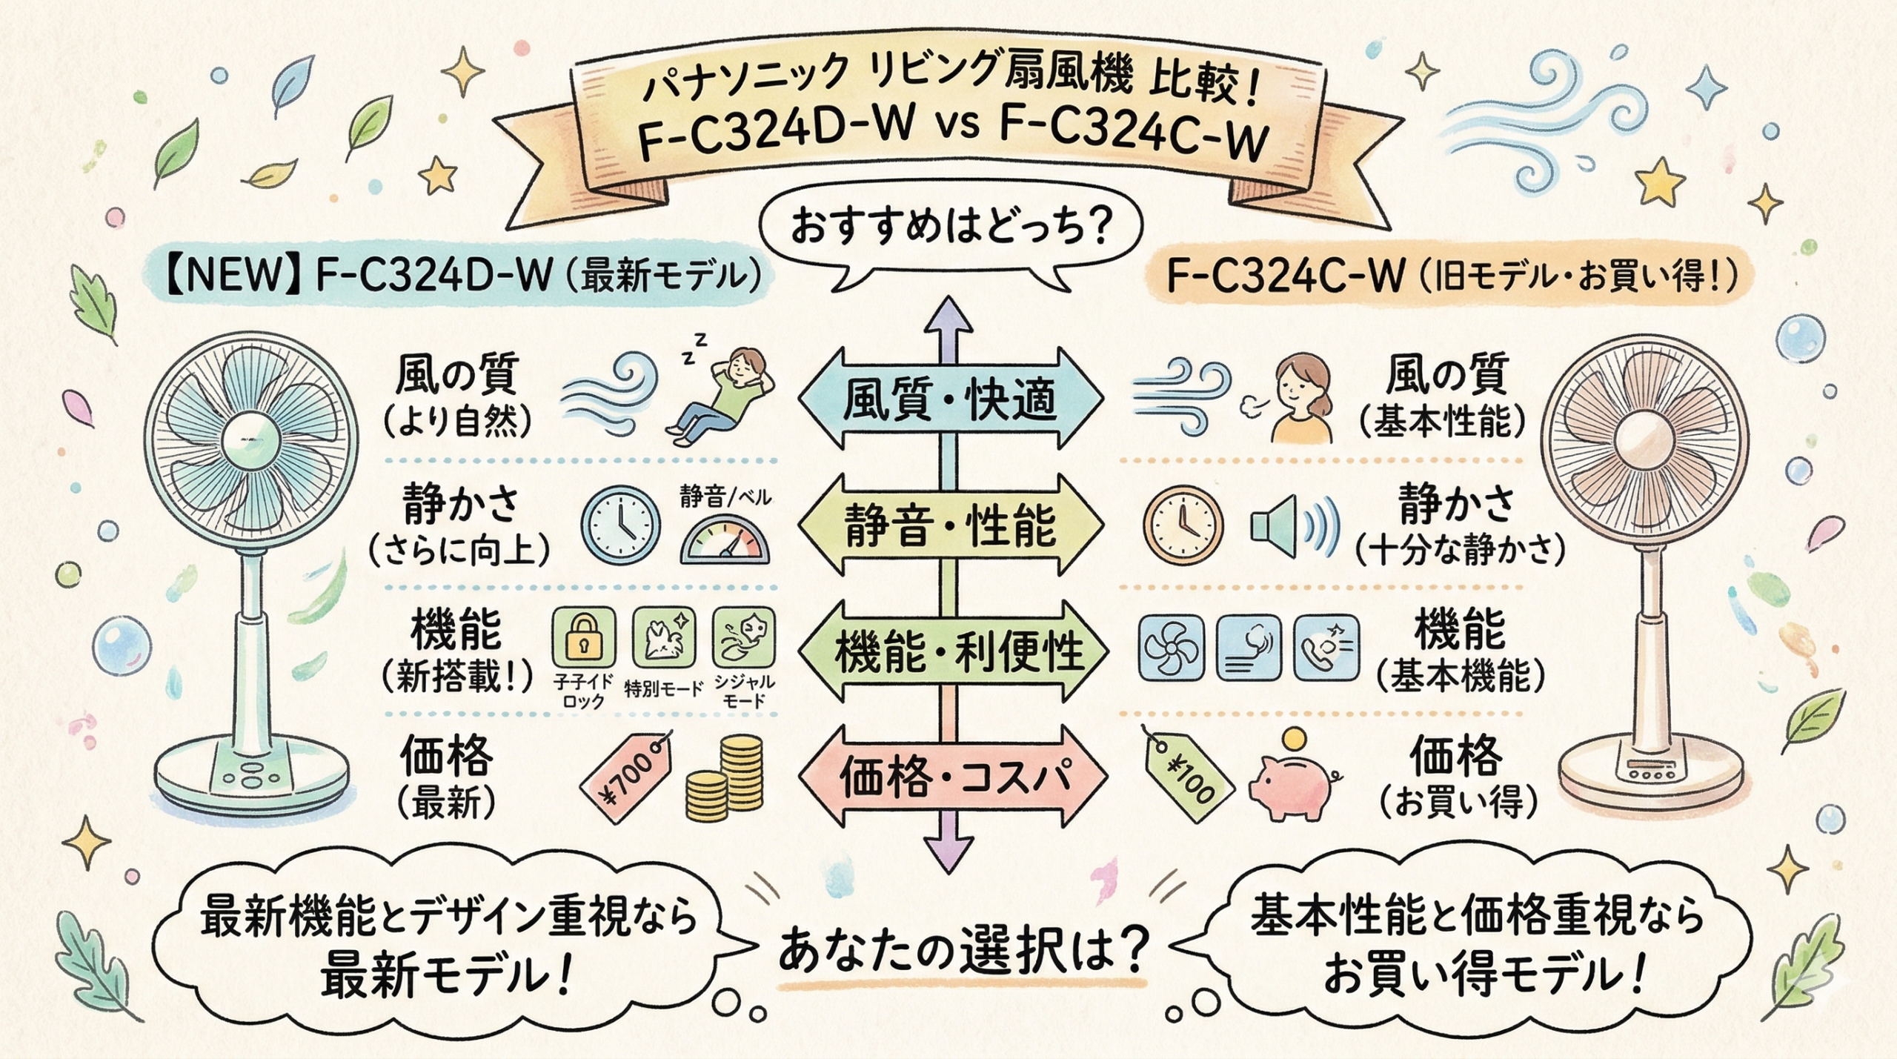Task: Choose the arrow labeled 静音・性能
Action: [950, 526]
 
